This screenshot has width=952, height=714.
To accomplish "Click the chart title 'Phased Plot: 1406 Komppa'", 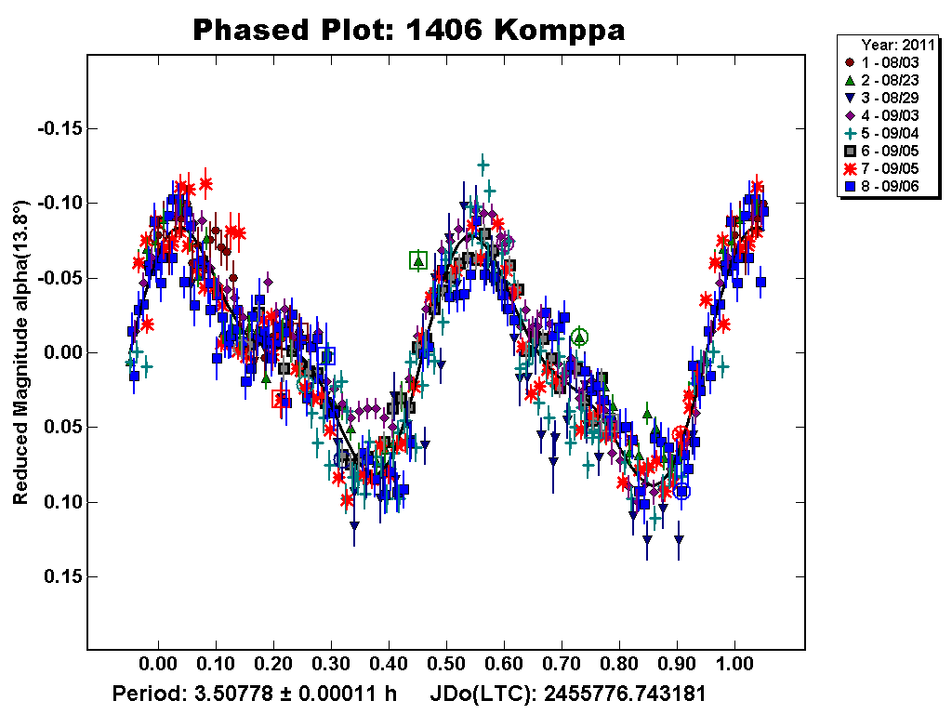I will (x=408, y=30).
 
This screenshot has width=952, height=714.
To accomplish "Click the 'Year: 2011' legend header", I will (x=892, y=44).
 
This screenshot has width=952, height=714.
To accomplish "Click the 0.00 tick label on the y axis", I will (x=59, y=352).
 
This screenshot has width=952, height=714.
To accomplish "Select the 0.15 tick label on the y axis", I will (x=59, y=576).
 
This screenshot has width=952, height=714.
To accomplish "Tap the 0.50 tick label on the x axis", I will (x=446, y=667).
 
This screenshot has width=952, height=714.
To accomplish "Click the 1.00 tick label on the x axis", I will (x=734, y=667).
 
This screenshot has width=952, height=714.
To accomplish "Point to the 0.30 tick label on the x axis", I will (x=331, y=667).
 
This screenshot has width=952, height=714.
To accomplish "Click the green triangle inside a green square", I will (x=418, y=260).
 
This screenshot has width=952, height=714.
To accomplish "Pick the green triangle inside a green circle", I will (x=579, y=337).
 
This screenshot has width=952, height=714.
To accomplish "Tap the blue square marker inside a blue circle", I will (x=682, y=491).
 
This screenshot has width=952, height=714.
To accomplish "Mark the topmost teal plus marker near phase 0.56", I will (x=483, y=165).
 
